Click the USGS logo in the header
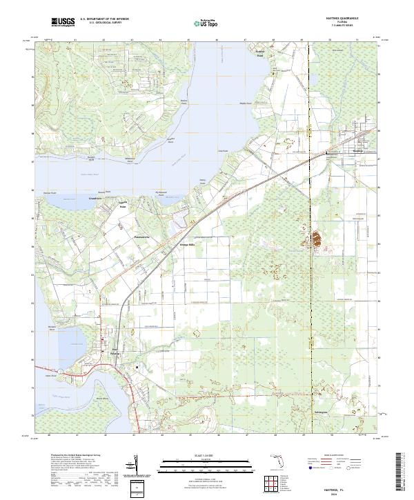[x=63, y=22]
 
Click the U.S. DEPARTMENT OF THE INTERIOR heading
[x=104, y=19]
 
